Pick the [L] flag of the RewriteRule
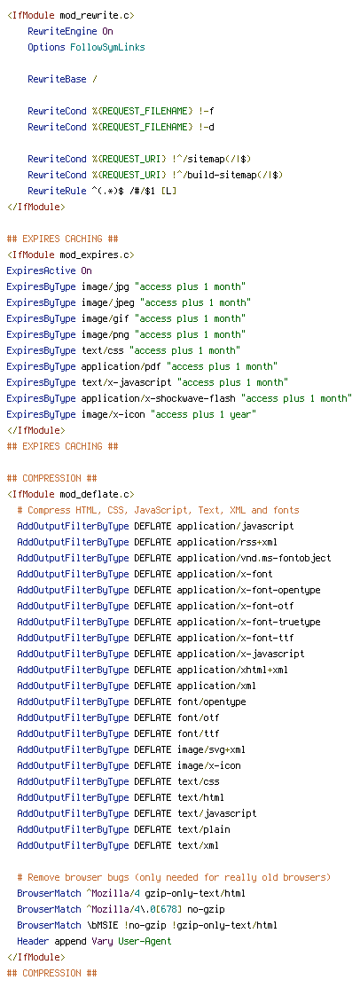[169, 191]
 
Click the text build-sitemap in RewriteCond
[215, 176]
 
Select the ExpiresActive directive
[41, 271]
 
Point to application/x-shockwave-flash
[158, 399]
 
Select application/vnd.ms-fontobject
[254, 558]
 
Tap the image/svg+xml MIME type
[211, 749]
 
